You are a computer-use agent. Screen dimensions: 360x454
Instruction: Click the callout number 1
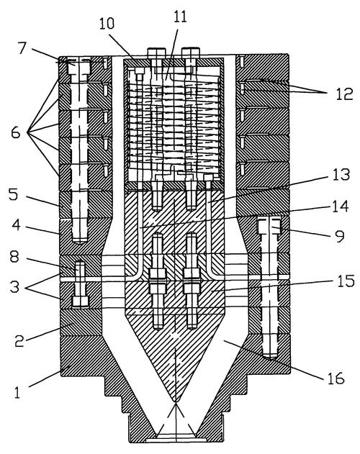tap(17, 393)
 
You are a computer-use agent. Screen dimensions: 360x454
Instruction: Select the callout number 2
tap(19, 341)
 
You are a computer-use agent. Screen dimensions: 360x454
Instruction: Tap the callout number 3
tap(14, 286)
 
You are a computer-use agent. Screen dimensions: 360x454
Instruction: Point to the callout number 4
tap(16, 225)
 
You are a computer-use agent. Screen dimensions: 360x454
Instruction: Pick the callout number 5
tap(13, 194)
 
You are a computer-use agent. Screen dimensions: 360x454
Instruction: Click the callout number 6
tap(15, 133)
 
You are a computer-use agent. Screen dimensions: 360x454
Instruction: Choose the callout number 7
tap(22, 48)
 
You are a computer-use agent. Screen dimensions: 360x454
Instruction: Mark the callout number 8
tap(15, 257)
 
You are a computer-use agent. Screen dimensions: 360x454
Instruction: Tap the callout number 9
tap(339, 236)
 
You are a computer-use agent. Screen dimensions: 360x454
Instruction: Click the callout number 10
tap(107, 23)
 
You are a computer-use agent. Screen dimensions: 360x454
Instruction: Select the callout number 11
tap(180, 17)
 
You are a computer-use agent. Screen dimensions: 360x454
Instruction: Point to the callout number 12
tap(345, 94)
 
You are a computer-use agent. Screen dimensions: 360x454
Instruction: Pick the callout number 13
tap(341, 175)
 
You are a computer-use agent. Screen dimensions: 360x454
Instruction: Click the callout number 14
tap(340, 206)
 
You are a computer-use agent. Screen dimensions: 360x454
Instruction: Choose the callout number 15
tap(346, 281)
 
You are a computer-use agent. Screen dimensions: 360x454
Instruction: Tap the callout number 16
tap(336, 378)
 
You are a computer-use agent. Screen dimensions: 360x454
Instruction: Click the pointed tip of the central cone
tap(176, 401)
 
